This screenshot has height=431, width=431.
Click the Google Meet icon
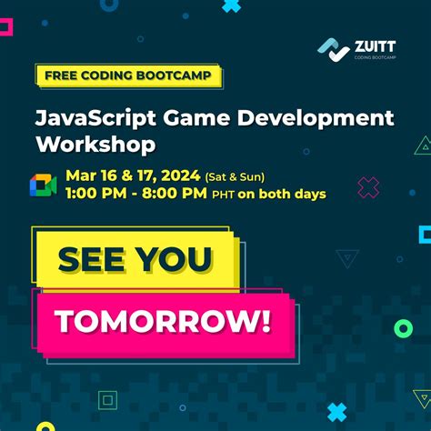(43, 185)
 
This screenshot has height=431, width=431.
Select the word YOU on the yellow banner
(177, 260)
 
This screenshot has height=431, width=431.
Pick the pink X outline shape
(368, 188)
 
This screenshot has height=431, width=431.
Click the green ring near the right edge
(403, 328)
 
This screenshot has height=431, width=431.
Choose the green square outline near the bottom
(107, 399)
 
